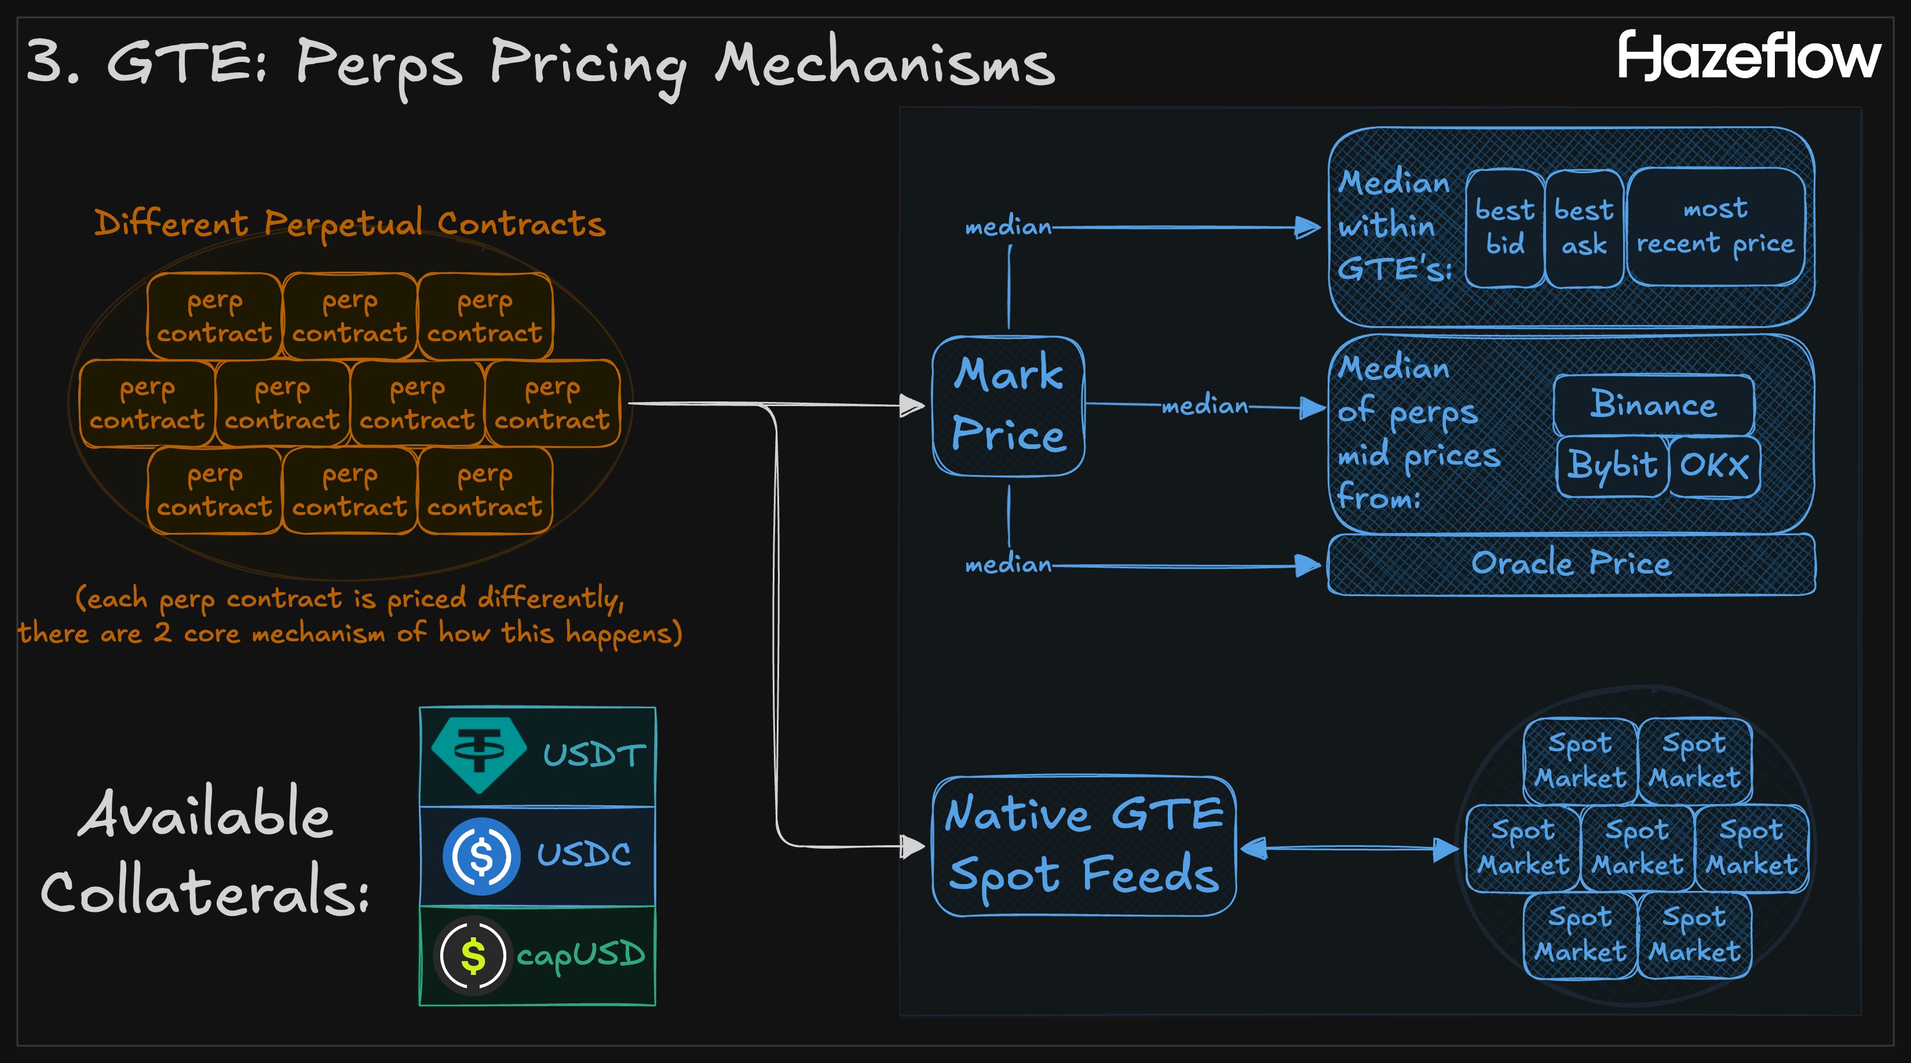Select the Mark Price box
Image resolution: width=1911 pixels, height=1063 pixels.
point(1008,405)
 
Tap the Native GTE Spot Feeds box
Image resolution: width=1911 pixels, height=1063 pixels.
point(1083,846)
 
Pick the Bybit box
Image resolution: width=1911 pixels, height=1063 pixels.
point(1612,466)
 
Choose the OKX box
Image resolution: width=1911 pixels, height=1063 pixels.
point(1713,466)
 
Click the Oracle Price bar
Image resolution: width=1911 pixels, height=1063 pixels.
point(1570,564)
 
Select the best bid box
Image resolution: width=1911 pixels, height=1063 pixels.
point(1504,227)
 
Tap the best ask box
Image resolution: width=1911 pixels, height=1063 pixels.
point(1584,227)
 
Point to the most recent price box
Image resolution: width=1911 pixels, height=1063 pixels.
point(1715,227)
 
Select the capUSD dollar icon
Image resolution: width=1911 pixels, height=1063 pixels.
point(473,955)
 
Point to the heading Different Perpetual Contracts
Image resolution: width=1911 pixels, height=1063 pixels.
point(349,223)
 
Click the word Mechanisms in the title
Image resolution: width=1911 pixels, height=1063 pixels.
point(885,64)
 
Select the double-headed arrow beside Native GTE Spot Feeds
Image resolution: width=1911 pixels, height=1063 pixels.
point(1349,848)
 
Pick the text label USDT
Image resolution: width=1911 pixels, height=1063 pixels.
point(594,755)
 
